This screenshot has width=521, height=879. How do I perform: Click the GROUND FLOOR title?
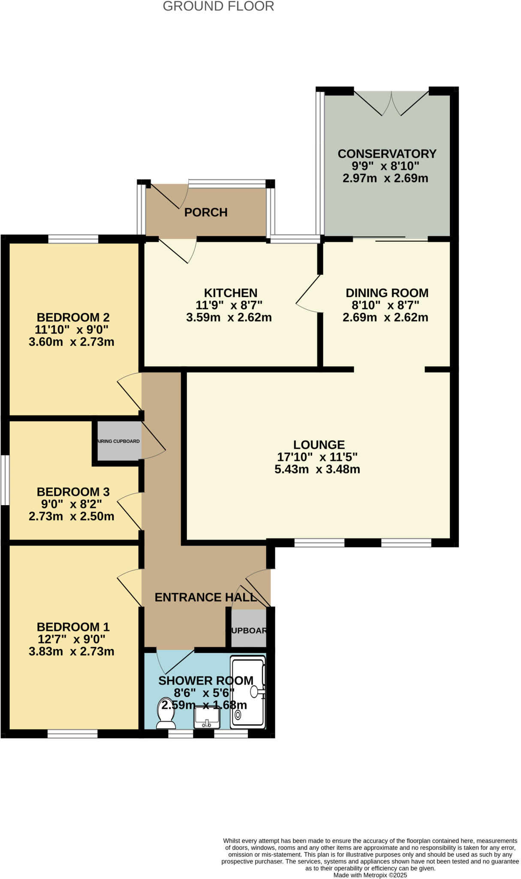[218, 6]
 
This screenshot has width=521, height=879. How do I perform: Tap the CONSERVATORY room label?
[387, 154]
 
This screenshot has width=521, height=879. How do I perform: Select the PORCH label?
[206, 212]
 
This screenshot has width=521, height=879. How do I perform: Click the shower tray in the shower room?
[248, 692]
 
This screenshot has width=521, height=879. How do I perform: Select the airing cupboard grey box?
[119, 441]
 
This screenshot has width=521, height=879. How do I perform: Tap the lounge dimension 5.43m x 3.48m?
[317, 469]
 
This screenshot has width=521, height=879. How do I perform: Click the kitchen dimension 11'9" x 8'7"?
[229, 305]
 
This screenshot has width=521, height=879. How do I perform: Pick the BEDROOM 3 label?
[73, 491]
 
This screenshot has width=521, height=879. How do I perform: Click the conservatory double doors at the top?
[391, 104]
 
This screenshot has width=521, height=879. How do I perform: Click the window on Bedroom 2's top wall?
[73, 239]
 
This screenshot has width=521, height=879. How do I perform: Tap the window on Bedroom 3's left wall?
[5, 480]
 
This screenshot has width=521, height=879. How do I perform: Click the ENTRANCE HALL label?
[205, 597]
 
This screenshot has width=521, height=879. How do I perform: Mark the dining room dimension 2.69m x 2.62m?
[385, 318]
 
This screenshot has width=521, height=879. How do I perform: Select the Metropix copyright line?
[370, 875]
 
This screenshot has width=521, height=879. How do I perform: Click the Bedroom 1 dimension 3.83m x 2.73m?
[72, 652]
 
